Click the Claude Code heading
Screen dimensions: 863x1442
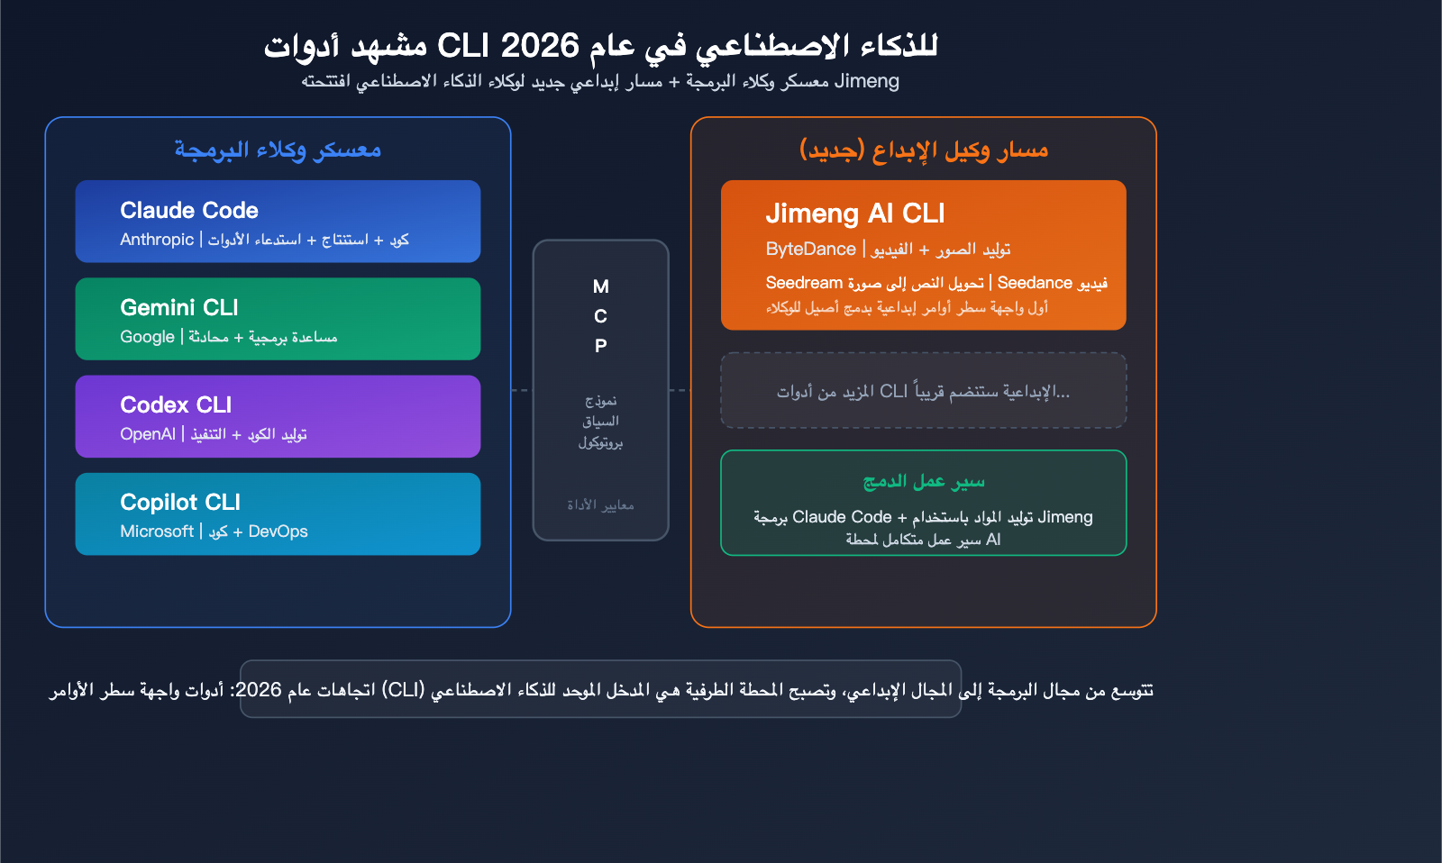pyautogui.click(x=189, y=210)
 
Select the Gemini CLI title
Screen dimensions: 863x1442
pyautogui.click(x=179, y=307)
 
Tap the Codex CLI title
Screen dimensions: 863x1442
pyautogui.click(x=176, y=404)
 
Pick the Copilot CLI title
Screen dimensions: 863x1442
pyautogui.click(x=180, y=502)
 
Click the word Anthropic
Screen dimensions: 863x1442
pyautogui.click(x=157, y=240)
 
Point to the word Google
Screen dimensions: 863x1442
pyautogui.click(x=147, y=337)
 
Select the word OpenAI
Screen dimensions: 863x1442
pyautogui.click(x=148, y=434)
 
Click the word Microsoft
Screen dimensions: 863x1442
pyautogui.click(x=157, y=531)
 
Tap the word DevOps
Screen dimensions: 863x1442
pyautogui.click(x=278, y=531)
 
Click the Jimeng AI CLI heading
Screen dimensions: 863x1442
pyautogui.click(x=855, y=213)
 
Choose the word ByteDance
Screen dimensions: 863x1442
pyautogui.click(x=810, y=250)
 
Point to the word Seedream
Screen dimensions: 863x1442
pyautogui.click(x=804, y=283)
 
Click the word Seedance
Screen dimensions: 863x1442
pyautogui.click(x=1035, y=283)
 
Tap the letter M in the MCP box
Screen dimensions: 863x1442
pyautogui.click(x=601, y=286)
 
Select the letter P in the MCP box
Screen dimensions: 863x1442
pyautogui.click(x=601, y=346)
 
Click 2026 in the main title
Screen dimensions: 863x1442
pyautogui.click(x=539, y=45)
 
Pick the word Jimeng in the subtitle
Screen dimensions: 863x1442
pyautogui.click(x=867, y=81)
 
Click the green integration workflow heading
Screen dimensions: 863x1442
pyautogui.click(x=924, y=482)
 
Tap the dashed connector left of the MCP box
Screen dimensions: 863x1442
pyautogui.click(x=521, y=390)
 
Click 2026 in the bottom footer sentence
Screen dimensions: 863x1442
pyautogui.click(x=259, y=690)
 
